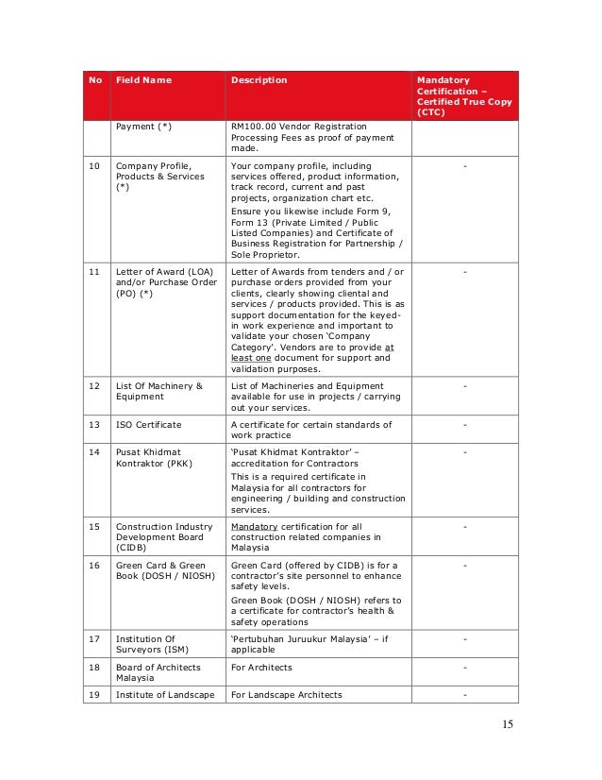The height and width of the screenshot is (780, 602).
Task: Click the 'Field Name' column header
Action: point(143,80)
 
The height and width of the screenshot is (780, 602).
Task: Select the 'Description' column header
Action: point(259,80)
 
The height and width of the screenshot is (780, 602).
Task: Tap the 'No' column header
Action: point(95,80)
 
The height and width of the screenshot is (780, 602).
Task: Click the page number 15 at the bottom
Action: point(510,725)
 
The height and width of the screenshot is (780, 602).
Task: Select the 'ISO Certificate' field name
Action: point(148,425)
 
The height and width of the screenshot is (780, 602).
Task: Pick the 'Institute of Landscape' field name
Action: point(163,695)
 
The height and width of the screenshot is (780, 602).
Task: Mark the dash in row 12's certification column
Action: point(464,385)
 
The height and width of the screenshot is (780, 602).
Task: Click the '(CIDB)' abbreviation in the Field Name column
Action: point(131,548)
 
